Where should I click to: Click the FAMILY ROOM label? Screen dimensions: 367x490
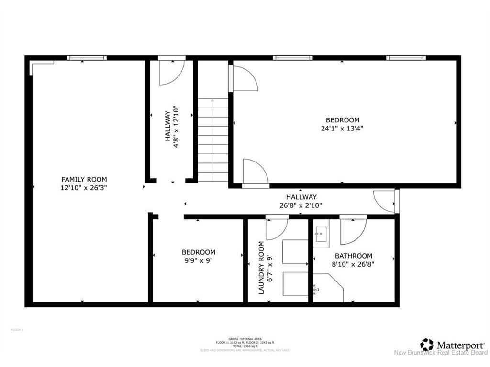[x=84, y=180]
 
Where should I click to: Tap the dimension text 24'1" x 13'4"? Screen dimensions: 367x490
[x=342, y=128]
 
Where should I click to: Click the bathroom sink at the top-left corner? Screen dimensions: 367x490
[x=322, y=236]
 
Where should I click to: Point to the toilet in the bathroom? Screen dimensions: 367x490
[x=317, y=289]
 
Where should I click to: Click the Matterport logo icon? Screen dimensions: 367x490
[x=427, y=344]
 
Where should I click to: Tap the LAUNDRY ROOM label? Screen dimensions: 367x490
[x=261, y=267]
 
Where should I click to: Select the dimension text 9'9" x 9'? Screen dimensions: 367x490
[x=198, y=260]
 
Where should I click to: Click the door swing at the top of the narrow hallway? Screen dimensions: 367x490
[x=171, y=72]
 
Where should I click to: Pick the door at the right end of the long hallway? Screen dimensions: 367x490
[x=386, y=201]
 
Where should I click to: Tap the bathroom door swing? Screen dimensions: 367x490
[x=353, y=231]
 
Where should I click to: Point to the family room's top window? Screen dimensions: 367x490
[x=87, y=58]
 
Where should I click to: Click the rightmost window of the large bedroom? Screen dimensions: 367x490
[x=406, y=58]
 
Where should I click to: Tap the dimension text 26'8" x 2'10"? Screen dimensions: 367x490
[x=301, y=205]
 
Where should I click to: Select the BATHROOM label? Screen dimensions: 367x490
[x=353, y=256]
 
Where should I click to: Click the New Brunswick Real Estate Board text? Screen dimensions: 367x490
[x=440, y=353]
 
